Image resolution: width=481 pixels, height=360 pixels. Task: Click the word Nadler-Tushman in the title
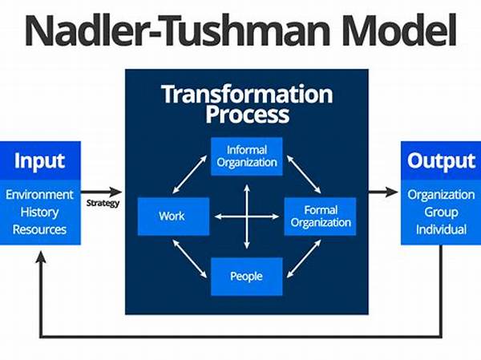pos(180,30)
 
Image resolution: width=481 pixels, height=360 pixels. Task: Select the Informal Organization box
pos(247,156)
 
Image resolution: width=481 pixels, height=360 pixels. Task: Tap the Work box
pos(173,216)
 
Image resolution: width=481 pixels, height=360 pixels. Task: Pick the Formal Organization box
pos(320,216)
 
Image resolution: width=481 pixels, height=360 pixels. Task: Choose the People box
pos(247,277)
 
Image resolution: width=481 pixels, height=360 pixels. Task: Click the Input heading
pos(39,161)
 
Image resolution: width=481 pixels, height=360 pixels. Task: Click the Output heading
pos(441,161)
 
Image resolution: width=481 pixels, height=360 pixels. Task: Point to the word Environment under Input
pos(39,195)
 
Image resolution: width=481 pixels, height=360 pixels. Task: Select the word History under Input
pos(39,212)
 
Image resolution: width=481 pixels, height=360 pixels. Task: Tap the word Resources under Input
pos(39,230)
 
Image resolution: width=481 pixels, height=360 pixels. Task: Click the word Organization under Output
pos(441,195)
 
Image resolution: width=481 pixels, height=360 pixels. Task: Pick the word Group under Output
pos(441,212)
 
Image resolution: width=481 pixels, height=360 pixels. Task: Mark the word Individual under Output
pos(441,230)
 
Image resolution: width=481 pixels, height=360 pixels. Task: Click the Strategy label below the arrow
pos(103,203)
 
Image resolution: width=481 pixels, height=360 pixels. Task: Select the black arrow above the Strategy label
pos(101,192)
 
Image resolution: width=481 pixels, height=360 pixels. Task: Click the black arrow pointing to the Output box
pos(383,192)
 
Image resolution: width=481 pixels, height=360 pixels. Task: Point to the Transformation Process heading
pos(247,103)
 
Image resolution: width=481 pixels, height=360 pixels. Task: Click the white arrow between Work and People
pos(189,259)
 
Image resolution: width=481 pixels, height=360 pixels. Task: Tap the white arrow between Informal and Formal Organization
pos(304,174)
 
